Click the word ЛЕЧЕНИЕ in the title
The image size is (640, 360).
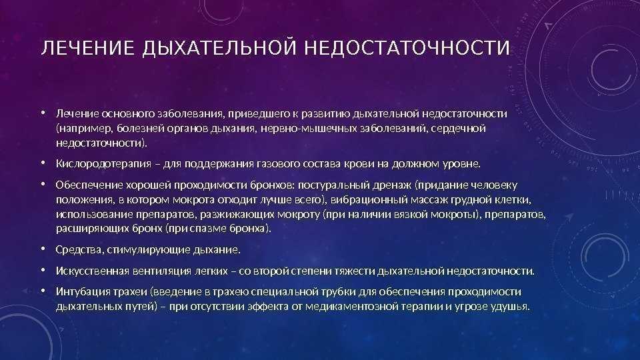tap(88, 48)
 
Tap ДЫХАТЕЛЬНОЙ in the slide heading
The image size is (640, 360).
tap(219, 49)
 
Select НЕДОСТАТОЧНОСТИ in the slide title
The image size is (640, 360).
tap(407, 48)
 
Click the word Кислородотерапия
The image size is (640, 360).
tap(104, 164)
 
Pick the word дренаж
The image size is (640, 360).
tap(392, 185)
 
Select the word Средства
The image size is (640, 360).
tap(79, 249)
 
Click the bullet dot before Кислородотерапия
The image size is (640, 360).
tap(43, 163)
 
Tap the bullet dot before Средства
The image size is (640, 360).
tap(43, 249)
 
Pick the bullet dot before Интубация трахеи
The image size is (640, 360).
tap(43, 291)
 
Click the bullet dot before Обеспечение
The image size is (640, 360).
tap(43, 185)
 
